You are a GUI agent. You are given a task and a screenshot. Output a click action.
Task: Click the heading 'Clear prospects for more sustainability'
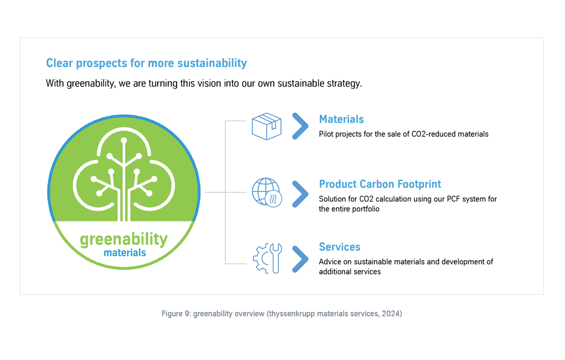[146, 63]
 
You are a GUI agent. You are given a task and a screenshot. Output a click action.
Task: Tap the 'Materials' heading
[341, 119]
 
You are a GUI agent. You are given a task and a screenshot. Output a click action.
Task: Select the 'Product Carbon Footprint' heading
[380, 184]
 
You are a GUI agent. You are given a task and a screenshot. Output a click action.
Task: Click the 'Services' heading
[339, 247]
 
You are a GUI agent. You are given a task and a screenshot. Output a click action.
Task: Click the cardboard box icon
[267, 126]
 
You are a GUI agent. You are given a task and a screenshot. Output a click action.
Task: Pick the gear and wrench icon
[267, 259]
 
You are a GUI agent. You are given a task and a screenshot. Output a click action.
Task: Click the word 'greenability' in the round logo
[124, 240]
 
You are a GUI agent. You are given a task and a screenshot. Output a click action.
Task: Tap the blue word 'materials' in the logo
[125, 253]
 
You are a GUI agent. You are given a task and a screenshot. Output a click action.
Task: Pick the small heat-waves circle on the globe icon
[274, 199]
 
